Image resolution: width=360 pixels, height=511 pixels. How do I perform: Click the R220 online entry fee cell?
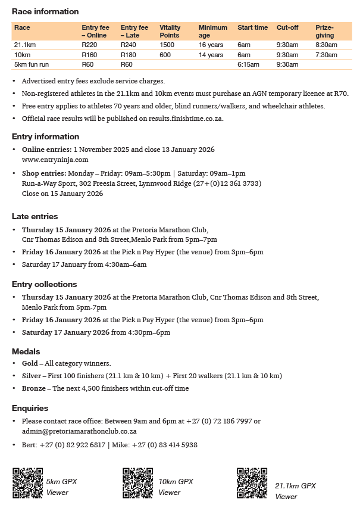89,45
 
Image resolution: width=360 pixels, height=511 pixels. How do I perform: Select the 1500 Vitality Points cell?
167,45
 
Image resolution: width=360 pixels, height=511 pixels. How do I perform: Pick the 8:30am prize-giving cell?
326,45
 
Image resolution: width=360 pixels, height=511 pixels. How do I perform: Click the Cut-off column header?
287,27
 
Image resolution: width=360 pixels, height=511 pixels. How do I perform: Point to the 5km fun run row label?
32,64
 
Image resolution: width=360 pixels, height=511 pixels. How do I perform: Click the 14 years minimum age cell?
211,55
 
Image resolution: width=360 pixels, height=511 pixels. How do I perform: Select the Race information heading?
45,12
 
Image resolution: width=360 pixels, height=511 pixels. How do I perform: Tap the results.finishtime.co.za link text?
171,118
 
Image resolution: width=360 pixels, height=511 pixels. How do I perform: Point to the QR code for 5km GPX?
27,482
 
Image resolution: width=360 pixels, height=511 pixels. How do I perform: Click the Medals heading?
27,351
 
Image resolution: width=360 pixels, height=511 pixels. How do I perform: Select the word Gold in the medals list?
30,363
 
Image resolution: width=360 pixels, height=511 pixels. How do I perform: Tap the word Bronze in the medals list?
33,388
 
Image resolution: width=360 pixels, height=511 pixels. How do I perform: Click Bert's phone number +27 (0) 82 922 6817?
73,445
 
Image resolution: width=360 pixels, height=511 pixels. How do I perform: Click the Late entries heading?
35,216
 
